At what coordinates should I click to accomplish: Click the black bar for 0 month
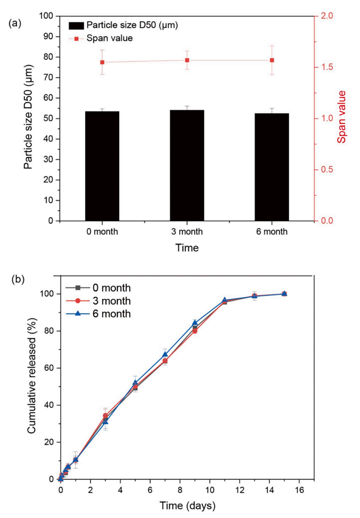pyautogui.click(x=102, y=166)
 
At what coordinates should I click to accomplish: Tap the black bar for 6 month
pyautogui.click(x=272, y=167)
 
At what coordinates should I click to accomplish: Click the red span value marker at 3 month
pyautogui.click(x=187, y=60)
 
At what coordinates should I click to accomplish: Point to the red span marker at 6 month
pyautogui.click(x=272, y=60)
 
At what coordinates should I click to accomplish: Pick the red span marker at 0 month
pyautogui.click(x=102, y=62)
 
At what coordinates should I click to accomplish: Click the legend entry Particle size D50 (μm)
pyautogui.click(x=123, y=25)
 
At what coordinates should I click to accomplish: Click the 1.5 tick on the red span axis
pyautogui.click(x=327, y=67)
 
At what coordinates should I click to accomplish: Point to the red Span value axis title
pyautogui.click(x=342, y=117)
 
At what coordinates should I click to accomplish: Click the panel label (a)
pyautogui.click(x=15, y=23)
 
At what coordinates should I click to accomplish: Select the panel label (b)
pyautogui.click(x=18, y=279)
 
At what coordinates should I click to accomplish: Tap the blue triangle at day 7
pyautogui.click(x=165, y=354)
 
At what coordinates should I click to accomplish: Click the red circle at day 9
pyautogui.click(x=195, y=331)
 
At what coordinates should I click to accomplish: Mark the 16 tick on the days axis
pyautogui.click(x=299, y=490)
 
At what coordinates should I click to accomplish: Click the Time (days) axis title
pyautogui.click(x=187, y=506)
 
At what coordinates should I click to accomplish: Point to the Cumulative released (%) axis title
pyautogui.click(x=32, y=375)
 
